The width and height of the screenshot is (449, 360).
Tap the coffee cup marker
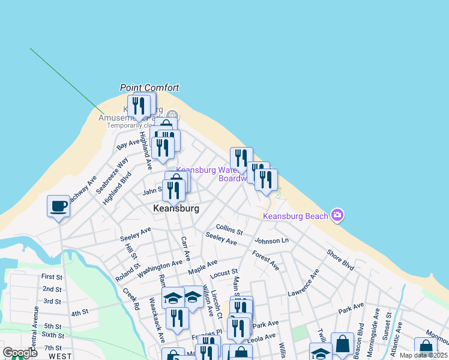[x=58, y=206]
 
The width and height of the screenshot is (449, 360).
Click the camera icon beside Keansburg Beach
[x=337, y=215]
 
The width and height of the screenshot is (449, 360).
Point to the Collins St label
[x=229, y=230]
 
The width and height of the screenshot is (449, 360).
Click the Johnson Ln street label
[x=271, y=241]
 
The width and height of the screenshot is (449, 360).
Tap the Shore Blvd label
[x=340, y=259]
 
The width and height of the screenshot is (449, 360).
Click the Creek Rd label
[x=131, y=298]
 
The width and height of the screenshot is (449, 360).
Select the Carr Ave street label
[x=185, y=248]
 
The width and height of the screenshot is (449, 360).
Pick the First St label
[x=52, y=277]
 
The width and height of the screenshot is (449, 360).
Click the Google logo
[x=20, y=353]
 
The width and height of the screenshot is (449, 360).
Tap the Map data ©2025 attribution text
[x=424, y=355]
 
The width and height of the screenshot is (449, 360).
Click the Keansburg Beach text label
[x=296, y=216]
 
